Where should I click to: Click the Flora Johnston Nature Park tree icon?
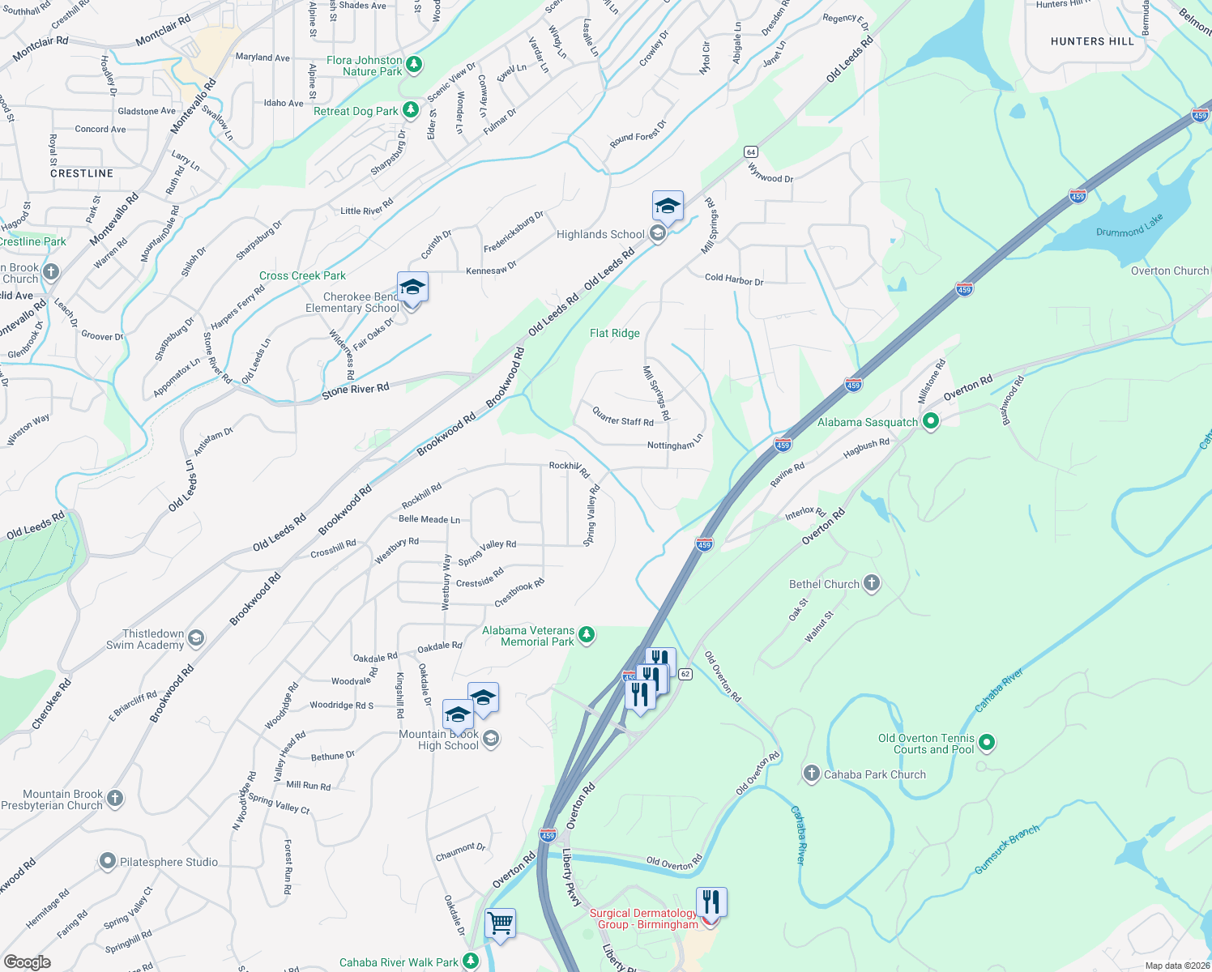[x=414, y=64]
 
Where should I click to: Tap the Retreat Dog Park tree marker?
[x=412, y=109]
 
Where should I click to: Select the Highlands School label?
[x=600, y=235]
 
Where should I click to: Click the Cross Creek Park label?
[x=302, y=276]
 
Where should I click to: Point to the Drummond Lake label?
[x=1129, y=226]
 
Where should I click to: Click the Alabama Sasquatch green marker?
[x=931, y=421]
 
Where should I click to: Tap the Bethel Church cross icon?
[x=872, y=583]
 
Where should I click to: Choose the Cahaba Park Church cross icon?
[x=812, y=774]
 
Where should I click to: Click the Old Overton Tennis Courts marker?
[x=987, y=742]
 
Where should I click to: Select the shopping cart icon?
[x=500, y=923]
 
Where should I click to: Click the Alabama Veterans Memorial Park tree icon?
[x=587, y=635]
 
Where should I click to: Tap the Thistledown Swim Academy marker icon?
[x=196, y=639]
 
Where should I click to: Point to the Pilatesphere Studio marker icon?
[x=108, y=861]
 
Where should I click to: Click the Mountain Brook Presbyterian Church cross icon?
[x=115, y=799]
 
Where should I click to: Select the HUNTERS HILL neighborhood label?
[x=1092, y=41]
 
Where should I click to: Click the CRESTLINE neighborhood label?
[x=82, y=174]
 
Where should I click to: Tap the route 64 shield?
[x=751, y=152]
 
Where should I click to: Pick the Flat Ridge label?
[x=615, y=334]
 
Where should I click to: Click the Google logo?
[x=28, y=961]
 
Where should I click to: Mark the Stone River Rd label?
[x=356, y=390]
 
